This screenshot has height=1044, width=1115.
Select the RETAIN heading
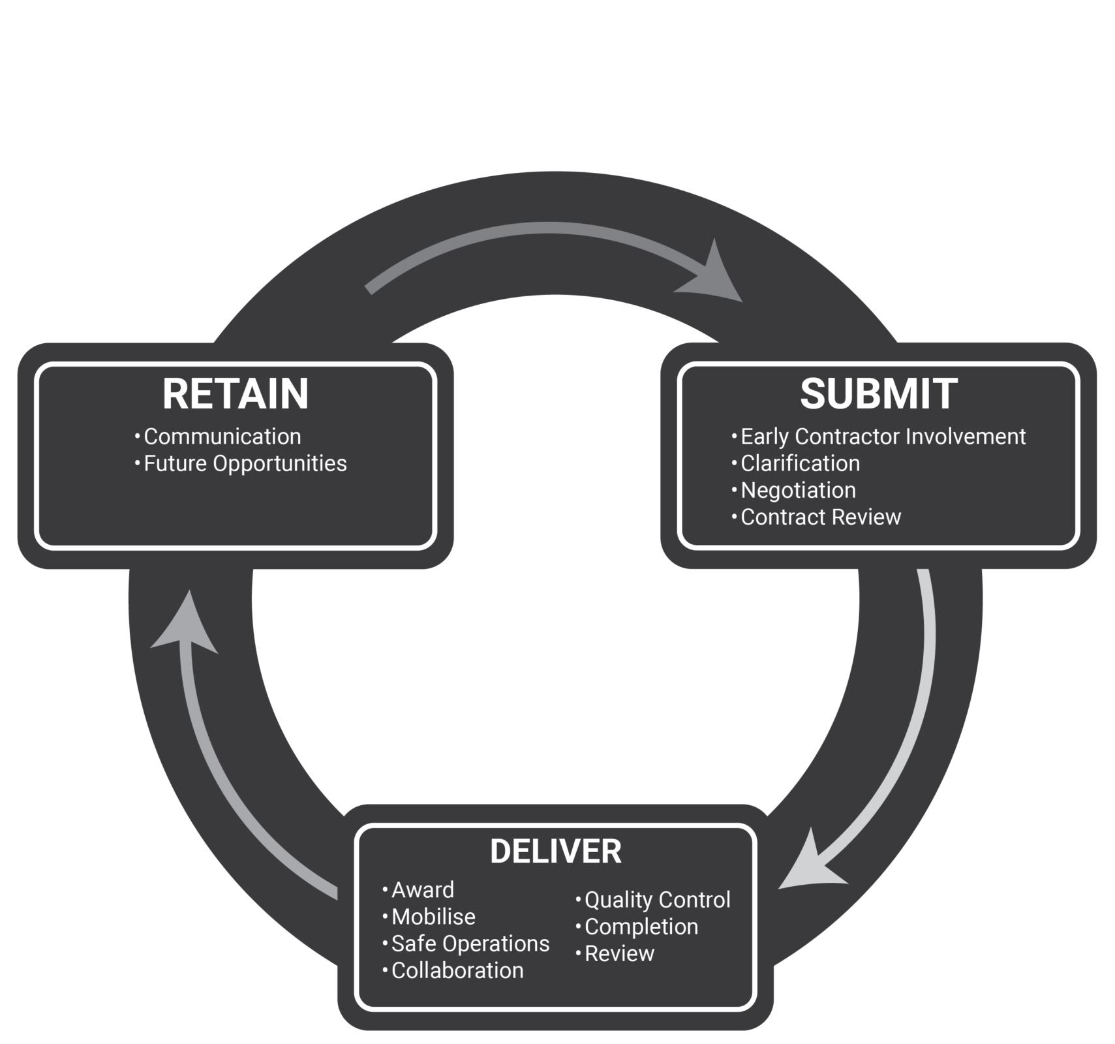coord(236,394)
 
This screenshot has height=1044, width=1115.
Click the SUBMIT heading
coord(878,394)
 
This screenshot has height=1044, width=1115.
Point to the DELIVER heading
coord(556,852)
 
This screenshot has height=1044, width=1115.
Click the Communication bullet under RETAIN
coord(222,437)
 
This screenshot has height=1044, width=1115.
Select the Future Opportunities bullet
coord(245,463)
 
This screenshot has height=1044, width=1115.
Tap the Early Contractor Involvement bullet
coord(883,437)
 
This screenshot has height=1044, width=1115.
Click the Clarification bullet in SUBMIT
coord(800,463)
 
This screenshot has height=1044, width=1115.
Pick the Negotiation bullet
coord(798,490)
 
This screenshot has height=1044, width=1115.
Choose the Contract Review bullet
coord(821,517)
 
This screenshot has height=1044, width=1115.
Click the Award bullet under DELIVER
coord(422,890)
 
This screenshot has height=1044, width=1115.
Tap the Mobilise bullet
coord(433,917)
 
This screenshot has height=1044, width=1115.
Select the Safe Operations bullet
coord(470,944)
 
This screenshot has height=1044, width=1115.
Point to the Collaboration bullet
coord(457,970)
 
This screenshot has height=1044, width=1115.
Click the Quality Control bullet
coord(657,900)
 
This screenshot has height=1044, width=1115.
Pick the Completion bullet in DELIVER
coord(641,927)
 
